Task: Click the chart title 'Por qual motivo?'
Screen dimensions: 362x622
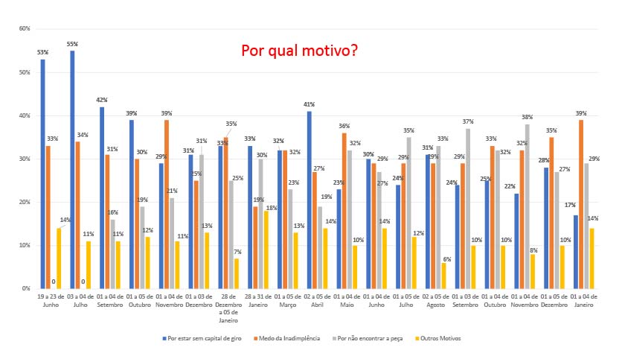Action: point(299,51)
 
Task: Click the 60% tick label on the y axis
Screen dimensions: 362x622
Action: point(25,29)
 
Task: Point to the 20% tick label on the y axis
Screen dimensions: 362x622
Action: point(25,202)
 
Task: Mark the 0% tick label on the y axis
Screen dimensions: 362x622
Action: point(26,288)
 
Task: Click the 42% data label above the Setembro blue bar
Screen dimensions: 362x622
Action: point(102,100)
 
